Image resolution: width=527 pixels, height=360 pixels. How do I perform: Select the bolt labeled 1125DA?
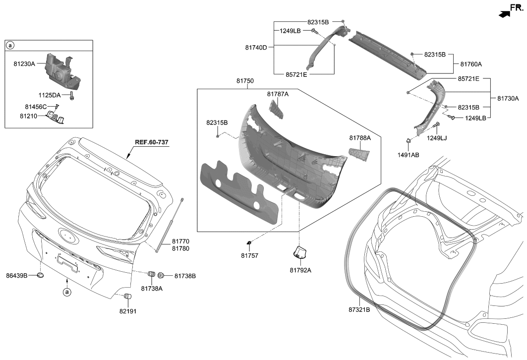click(72, 96)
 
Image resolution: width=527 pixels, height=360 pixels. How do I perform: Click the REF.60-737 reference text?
click(152, 142)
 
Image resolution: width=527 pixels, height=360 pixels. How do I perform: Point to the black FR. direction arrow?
click(504, 14)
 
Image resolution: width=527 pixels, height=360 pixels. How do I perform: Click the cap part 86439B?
click(41, 275)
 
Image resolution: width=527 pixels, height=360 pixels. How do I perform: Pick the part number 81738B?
click(184, 275)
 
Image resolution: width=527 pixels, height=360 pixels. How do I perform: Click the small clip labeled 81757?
click(248, 242)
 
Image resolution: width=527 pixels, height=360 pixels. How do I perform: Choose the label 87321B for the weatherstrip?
click(359, 309)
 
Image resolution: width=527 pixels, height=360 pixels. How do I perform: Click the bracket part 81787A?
click(276, 108)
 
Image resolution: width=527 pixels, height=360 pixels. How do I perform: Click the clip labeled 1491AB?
click(408, 142)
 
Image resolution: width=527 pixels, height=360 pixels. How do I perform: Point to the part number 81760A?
click(471, 64)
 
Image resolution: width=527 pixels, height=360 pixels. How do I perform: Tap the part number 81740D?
click(256, 48)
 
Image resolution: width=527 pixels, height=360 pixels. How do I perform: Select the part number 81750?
click(245, 81)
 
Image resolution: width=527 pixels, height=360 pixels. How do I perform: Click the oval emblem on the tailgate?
click(69, 236)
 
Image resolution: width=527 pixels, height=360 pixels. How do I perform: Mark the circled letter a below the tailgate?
click(66, 293)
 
